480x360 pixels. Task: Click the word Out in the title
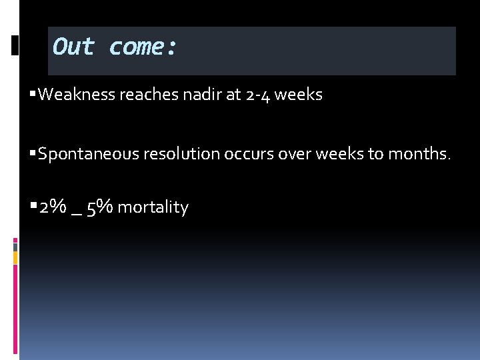pyautogui.click(x=74, y=47)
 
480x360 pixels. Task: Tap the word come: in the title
pyautogui.click(x=143, y=47)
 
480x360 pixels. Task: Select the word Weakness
pyautogui.click(x=77, y=95)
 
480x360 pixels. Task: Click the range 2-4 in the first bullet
pyautogui.click(x=257, y=95)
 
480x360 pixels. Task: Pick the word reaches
pyautogui.click(x=147, y=95)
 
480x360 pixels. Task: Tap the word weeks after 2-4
pyautogui.click(x=298, y=95)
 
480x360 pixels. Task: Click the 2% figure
pyautogui.click(x=52, y=207)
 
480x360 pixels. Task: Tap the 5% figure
pyautogui.click(x=99, y=207)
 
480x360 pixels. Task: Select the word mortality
pyautogui.click(x=153, y=208)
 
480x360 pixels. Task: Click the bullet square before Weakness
pyautogui.click(x=33, y=94)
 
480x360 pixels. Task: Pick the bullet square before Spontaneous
pyautogui.click(x=33, y=154)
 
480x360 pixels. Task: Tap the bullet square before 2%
pyautogui.click(x=33, y=207)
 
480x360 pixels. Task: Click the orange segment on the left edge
pyautogui.click(x=16, y=257)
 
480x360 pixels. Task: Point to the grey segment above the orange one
pyautogui.click(x=16, y=247)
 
